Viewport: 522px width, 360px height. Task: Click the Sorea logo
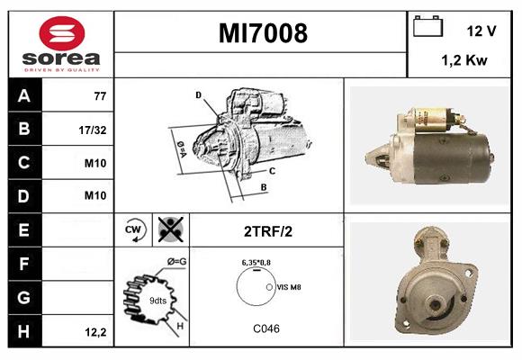59,45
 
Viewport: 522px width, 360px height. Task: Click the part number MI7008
263,33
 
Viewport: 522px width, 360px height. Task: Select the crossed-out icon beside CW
168,229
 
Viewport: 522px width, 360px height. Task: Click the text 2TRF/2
267,230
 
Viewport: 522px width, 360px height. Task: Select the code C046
265,328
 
